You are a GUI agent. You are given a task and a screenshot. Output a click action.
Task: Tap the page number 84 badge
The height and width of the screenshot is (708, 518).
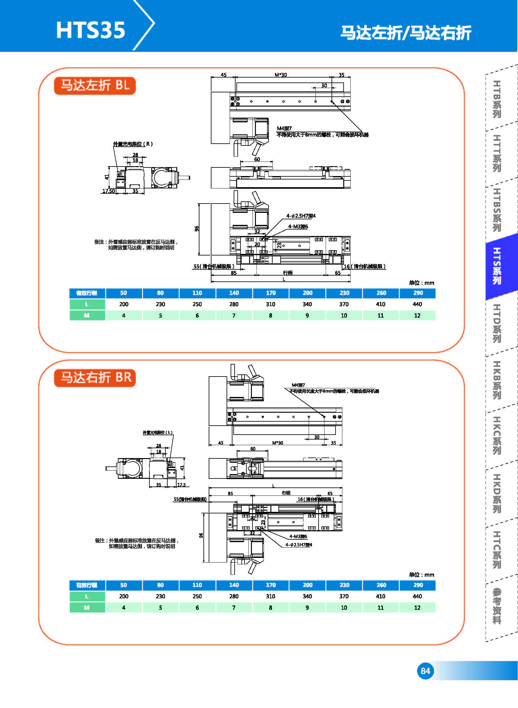425,671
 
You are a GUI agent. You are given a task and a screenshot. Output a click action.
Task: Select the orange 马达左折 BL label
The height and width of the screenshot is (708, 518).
95,85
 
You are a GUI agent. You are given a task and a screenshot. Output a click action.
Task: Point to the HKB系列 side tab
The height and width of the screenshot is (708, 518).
497,380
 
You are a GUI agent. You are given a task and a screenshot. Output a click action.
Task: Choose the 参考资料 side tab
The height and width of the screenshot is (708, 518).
497,606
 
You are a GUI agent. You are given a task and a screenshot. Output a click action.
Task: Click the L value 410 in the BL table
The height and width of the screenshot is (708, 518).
381,304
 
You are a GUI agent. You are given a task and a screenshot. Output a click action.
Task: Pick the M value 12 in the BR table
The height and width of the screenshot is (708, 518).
417,608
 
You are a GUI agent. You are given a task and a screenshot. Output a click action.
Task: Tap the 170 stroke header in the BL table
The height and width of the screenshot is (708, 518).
271,293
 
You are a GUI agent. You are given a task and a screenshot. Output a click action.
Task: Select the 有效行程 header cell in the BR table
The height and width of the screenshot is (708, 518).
87,585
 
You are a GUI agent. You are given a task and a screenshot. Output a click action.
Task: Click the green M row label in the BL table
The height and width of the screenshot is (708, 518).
87,315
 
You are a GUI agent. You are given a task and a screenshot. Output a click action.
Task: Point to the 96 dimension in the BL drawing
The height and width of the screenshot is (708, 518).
197,229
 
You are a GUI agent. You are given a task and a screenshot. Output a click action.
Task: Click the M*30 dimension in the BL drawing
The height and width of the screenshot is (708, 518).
281,75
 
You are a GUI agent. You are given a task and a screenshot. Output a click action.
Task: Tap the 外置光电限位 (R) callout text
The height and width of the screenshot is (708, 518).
133,144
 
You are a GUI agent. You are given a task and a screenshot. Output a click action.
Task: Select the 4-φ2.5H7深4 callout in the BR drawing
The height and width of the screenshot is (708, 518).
299,545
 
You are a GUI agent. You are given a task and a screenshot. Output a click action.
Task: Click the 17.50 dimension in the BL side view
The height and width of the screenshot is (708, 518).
108,191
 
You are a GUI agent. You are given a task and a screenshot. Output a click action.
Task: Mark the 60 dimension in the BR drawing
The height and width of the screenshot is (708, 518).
253,449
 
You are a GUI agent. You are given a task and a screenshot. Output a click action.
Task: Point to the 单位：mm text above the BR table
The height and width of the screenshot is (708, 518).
421,575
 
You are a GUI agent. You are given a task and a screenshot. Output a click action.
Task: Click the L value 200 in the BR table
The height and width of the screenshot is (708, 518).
123,596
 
